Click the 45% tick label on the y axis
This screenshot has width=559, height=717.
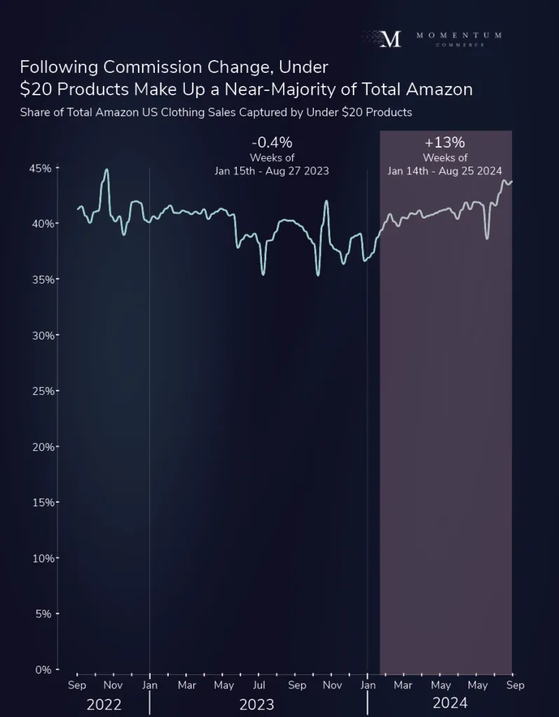coord(39,168)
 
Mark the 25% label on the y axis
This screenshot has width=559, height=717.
coord(39,391)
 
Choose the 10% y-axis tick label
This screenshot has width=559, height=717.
coord(39,559)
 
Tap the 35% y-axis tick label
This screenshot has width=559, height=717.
coord(39,279)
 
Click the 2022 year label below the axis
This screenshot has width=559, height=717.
coord(104,704)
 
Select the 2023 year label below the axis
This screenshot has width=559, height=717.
coord(256,704)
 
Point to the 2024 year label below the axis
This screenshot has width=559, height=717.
coord(450,703)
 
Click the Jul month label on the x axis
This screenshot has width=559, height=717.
coord(259,685)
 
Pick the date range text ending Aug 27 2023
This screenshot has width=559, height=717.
coord(271,171)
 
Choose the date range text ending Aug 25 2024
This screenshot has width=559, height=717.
coord(445,171)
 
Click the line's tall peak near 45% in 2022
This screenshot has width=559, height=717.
coord(106,169)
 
